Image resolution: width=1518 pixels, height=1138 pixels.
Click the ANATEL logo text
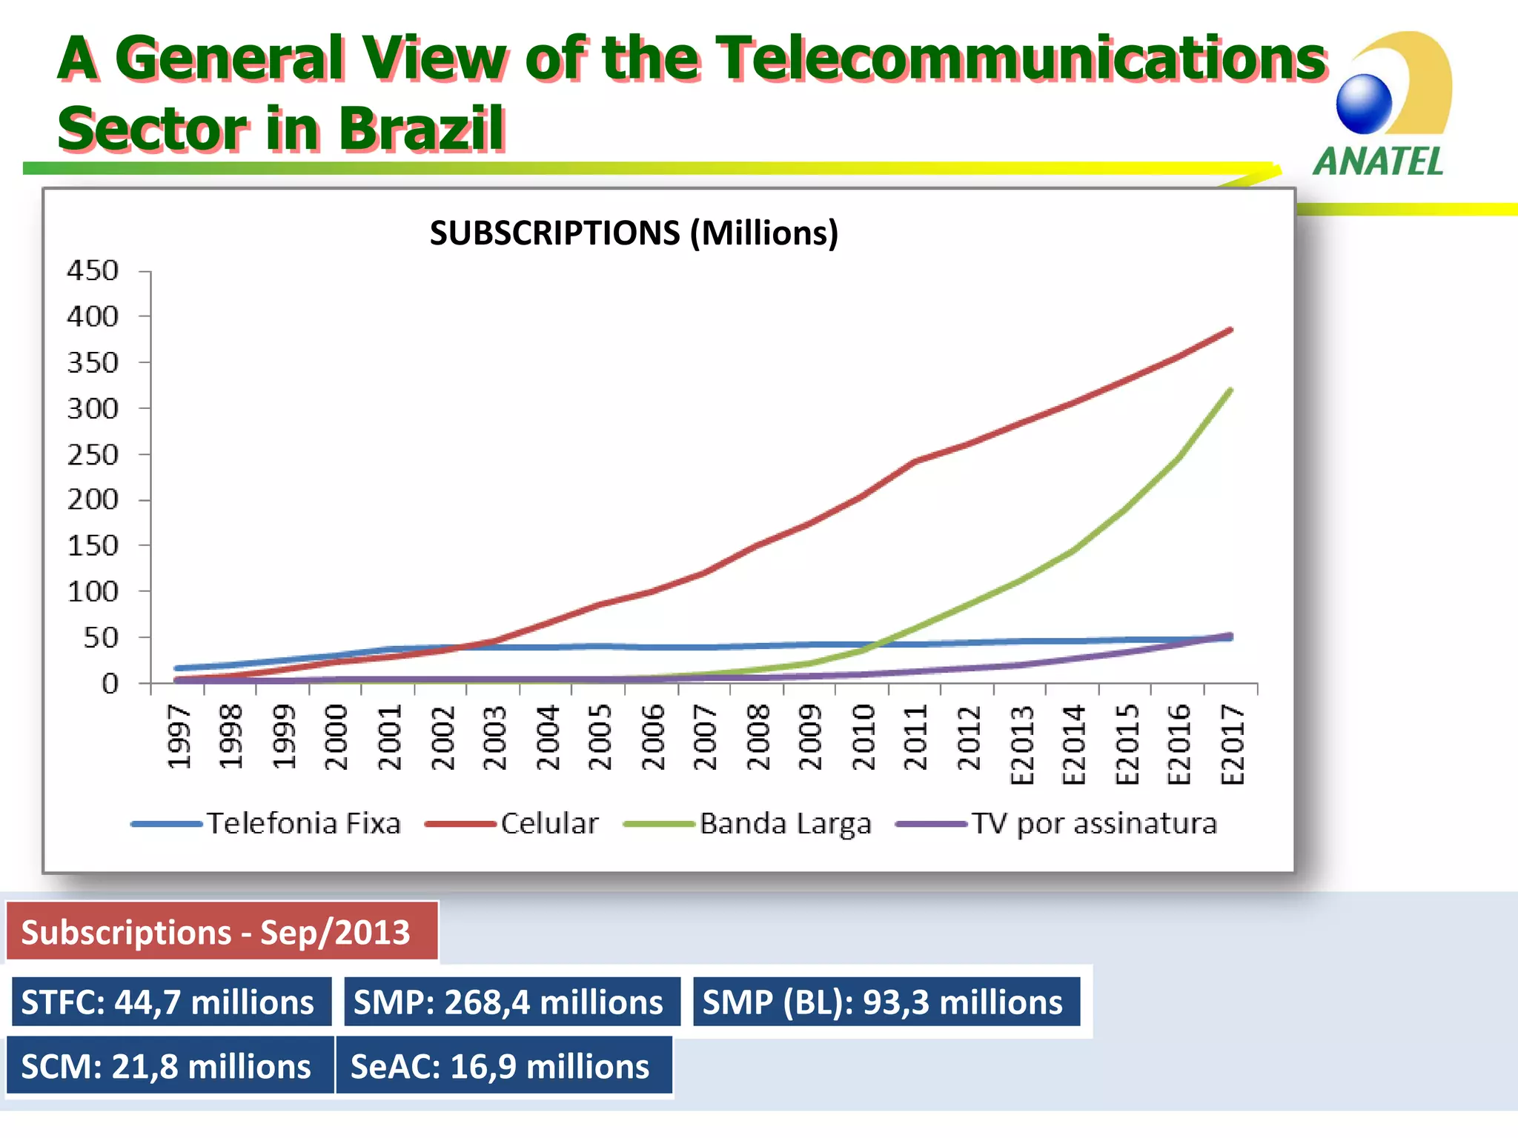pyautogui.click(x=1378, y=162)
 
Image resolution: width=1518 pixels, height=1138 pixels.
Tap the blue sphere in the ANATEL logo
pyautogui.click(x=1364, y=104)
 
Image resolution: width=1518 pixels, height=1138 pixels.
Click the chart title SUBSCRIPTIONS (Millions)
pyautogui.click(x=634, y=233)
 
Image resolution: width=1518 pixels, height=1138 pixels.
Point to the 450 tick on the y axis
pyautogui.click(x=93, y=271)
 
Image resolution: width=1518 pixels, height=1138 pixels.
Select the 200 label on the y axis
pyautogui.click(x=93, y=500)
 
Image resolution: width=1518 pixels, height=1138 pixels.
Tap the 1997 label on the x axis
pyautogui.click(x=179, y=737)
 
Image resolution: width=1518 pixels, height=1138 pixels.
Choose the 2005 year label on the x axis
pyautogui.click(x=599, y=737)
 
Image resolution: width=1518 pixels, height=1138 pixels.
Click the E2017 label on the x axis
pyautogui.click(x=1232, y=745)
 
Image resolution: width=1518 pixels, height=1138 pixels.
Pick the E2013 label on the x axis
pyautogui.click(x=1021, y=745)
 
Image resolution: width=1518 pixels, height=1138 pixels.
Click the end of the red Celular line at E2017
pyautogui.click(x=1230, y=330)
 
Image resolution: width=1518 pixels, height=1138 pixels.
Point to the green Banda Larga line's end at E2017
pyautogui.click(x=1230, y=390)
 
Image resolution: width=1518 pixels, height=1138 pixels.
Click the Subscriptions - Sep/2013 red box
pyautogui.click(x=222, y=931)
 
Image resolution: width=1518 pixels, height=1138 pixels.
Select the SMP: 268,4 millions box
pyautogui.click(x=511, y=1002)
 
